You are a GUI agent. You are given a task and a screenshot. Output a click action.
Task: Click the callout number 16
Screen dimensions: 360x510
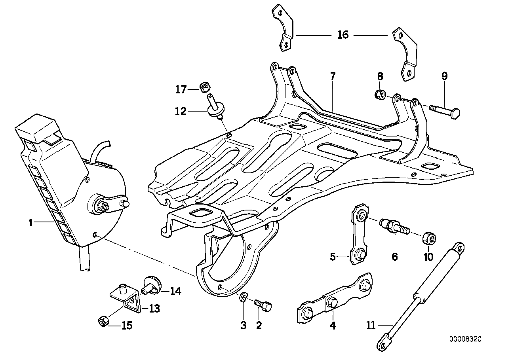coord(343,35)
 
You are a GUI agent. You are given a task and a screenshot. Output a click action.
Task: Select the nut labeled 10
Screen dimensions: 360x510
coord(430,239)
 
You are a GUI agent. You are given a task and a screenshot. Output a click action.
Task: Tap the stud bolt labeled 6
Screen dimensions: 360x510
coord(394,227)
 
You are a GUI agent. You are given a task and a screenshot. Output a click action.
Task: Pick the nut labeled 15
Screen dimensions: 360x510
coord(102,322)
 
